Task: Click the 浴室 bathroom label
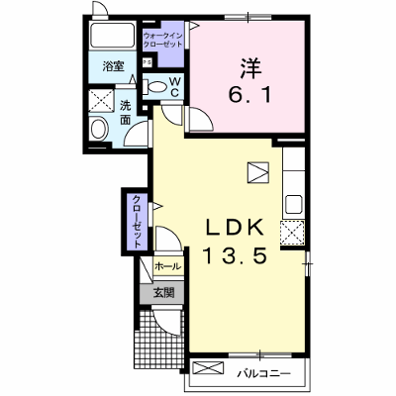113,66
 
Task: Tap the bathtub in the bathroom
113,36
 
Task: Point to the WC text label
174,87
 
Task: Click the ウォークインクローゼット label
163,40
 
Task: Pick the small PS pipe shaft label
146,62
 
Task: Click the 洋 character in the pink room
250,68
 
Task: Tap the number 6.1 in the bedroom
250,95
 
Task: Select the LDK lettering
235,227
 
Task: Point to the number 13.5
235,255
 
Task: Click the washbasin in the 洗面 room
98,129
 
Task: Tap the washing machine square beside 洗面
102,100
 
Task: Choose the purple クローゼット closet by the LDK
137,222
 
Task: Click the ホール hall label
168,265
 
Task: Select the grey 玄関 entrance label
163,292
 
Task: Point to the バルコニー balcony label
264,374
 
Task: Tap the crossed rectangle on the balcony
208,368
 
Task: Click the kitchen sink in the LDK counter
294,205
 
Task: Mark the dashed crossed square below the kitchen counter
292,233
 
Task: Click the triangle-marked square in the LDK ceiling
258,172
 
